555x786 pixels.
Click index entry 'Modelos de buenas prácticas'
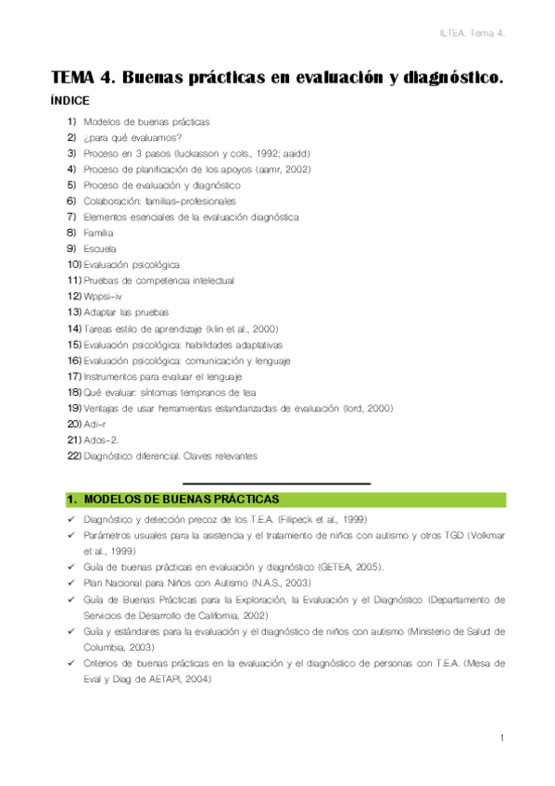(x=146, y=121)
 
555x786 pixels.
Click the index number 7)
(x=71, y=217)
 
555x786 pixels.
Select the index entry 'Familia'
(x=98, y=233)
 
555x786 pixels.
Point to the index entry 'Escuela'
(x=100, y=248)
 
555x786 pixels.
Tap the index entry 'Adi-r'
(x=95, y=424)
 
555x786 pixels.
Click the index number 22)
(x=74, y=455)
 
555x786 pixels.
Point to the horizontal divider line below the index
(x=276, y=483)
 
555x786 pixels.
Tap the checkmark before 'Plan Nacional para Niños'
(x=71, y=583)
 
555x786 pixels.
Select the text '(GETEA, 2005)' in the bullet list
(x=348, y=567)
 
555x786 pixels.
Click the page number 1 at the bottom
(x=500, y=738)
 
